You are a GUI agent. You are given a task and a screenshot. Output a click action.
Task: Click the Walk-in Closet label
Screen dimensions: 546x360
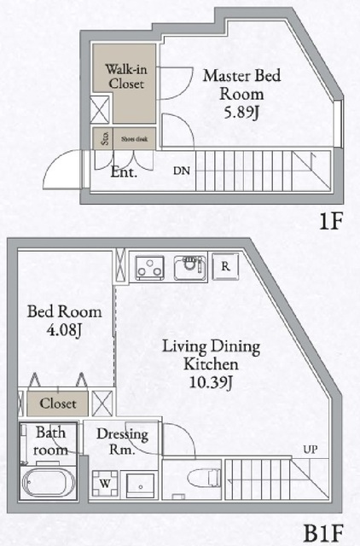tap(125, 76)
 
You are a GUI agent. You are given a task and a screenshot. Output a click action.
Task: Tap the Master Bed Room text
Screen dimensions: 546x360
tap(241, 84)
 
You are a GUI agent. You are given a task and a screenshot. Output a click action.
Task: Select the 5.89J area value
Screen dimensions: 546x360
tap(241, 113)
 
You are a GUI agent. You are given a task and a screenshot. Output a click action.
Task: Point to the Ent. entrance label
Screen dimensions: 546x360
tap(125, 171)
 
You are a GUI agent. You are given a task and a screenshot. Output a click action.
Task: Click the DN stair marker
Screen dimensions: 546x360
tap(182, 171)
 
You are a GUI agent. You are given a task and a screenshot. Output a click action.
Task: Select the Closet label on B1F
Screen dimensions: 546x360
tap(57, 404)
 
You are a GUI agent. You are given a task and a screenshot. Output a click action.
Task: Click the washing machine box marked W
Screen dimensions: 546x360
tap(107, 483)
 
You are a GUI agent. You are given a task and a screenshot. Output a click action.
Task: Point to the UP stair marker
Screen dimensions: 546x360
tap(312, 450)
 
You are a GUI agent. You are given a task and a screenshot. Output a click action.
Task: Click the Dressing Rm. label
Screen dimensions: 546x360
tap(123, 442)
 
